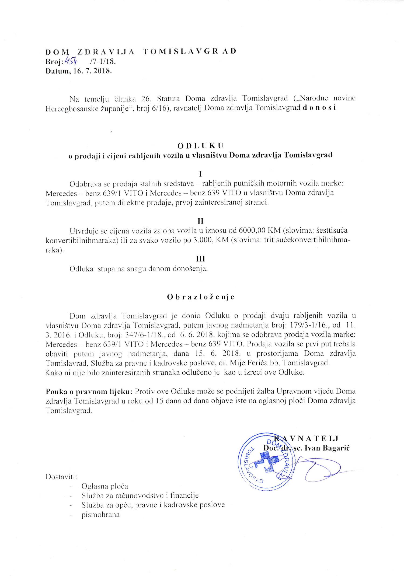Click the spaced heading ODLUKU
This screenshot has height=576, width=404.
(x=200, y=145)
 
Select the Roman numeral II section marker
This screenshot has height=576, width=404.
(x=200, y=221)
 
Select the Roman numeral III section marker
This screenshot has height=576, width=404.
(x=200, y=259)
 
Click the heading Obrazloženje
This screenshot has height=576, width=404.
(x=200, y=297)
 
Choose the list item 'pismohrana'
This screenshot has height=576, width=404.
(x=100, y=515)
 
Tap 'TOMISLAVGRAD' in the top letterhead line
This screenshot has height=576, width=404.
(x=190, y=51)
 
